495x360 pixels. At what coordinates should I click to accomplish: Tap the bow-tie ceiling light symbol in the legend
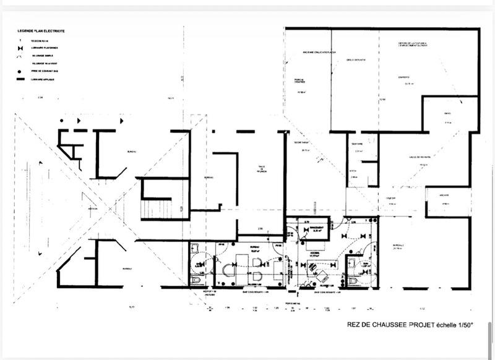20,47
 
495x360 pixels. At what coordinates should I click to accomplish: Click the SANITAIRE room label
356,143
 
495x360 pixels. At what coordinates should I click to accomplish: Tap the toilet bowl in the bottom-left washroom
196,280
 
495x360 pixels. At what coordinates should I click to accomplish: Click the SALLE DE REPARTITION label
407,158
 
